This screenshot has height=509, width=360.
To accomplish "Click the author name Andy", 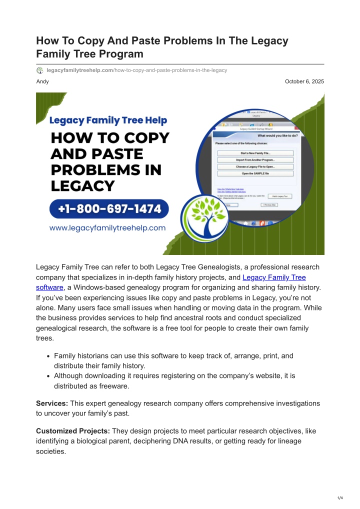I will (42, 81).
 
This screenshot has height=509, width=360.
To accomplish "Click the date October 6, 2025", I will (304, 81).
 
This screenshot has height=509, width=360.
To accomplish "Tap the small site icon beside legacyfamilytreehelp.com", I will (40, 70).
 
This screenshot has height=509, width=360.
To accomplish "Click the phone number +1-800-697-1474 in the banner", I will (108, 209).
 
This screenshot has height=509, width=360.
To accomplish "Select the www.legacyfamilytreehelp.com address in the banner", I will (107, 228).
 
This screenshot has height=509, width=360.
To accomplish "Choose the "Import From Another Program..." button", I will (255, 159).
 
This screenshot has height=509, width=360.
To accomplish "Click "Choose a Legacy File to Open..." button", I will (255, 166).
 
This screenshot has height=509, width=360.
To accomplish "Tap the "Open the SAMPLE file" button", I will (255, 173).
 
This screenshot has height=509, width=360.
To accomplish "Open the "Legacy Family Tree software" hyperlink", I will (274, 277).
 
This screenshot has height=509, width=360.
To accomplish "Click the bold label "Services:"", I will (52, 403).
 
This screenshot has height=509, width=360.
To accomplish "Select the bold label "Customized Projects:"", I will (73, 431).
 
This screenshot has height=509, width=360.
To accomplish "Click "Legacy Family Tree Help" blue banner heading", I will (108, 120).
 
